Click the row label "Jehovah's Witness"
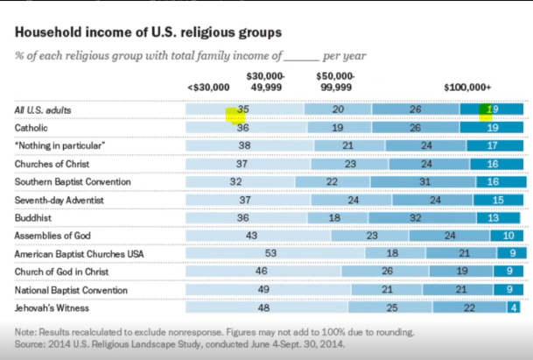pos(53,308)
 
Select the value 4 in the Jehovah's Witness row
pos(514,308)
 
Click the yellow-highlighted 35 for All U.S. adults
pos(244,109)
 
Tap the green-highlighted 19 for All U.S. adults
pos(493,109)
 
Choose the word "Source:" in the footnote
pos(31,344)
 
